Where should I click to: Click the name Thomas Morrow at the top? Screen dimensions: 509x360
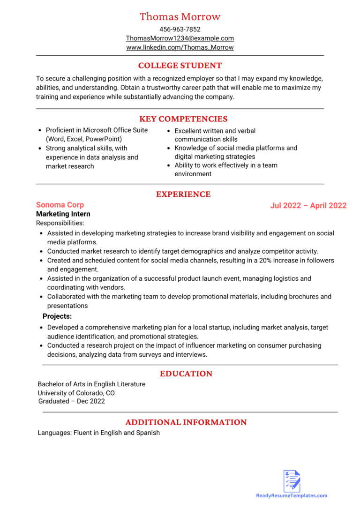pos(180,17)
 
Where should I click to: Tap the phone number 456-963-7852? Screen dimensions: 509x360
pos(180,29)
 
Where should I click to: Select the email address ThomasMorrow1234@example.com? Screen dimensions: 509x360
pos(180,38)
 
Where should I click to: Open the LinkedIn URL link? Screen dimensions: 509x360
pos(180,47)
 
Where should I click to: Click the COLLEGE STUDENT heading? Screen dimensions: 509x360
pos(180,66)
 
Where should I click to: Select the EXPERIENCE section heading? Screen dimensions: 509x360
pos(183,194)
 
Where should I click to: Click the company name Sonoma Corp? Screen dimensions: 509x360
pos(60,205)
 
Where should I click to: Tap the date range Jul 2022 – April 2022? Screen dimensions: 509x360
pos(308,206)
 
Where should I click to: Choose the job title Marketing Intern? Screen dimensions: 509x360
pos(63,214)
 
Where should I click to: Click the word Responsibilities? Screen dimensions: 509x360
pos(60,223)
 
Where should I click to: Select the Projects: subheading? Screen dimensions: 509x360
pos(57,316)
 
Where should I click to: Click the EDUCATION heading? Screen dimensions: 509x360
pos(186,374)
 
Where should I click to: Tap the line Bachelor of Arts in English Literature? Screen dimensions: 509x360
pos(91,384)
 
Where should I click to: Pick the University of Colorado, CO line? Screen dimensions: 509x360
pos(76,393)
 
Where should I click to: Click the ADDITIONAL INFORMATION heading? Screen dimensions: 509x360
pos(186,422)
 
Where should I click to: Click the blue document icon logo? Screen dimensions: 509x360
pos(292,481)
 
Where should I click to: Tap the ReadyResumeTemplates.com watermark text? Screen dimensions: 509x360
pos(292,496)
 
